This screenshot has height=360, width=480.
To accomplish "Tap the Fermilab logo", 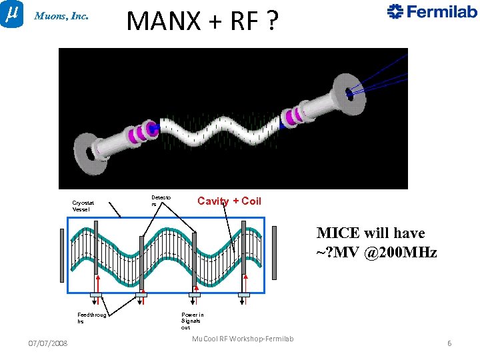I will (x=432, y=11).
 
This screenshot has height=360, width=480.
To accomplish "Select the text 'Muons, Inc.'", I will (x=61, y=17).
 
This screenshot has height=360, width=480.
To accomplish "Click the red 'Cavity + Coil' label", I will (x=229, y=201).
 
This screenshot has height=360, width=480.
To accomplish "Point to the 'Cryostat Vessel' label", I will (x=83, y=205).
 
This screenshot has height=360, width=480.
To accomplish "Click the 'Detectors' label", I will (x=161, y=201).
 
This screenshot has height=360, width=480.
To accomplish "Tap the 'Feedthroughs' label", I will (x=91, y=318).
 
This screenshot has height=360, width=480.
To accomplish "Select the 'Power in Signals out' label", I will (x=192, y=321).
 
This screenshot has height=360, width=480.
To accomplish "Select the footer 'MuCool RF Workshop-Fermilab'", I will (x=243, y=339).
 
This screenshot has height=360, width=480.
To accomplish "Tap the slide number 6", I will (x=449, y=343).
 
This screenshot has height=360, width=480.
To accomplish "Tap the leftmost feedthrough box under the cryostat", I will (x=96, y=294).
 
